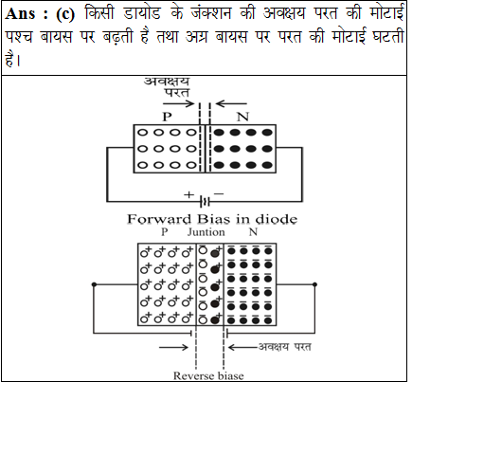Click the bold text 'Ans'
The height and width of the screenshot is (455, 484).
coord(20,14)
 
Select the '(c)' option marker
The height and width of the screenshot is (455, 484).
coord(65,14)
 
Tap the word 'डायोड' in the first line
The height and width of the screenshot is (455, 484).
coord(142,13)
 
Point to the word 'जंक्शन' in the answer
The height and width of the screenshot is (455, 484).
coord(211,13)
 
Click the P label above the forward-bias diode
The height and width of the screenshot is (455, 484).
coord(167,117)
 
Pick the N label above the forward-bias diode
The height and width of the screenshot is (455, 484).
coord(242,117)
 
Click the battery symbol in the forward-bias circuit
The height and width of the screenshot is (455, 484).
coord(205,201)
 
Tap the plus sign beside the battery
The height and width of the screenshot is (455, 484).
coord(188,194)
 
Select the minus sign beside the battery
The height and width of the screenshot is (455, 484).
coord(219,193)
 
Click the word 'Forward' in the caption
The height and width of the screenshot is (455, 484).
coord(159,219)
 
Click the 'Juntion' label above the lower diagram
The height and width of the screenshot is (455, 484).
coord(206,232)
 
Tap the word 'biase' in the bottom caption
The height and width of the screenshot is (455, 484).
coord(230,375)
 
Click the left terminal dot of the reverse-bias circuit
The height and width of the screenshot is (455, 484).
coord(94,284)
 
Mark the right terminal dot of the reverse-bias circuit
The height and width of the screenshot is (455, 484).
coord(314,284)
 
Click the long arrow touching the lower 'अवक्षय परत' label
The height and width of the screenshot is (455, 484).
coord(243,347)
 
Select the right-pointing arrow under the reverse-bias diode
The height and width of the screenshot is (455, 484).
coord(173,347)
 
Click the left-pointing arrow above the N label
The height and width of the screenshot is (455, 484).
coord(231,103)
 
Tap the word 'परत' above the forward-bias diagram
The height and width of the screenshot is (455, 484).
coord(177,93)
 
